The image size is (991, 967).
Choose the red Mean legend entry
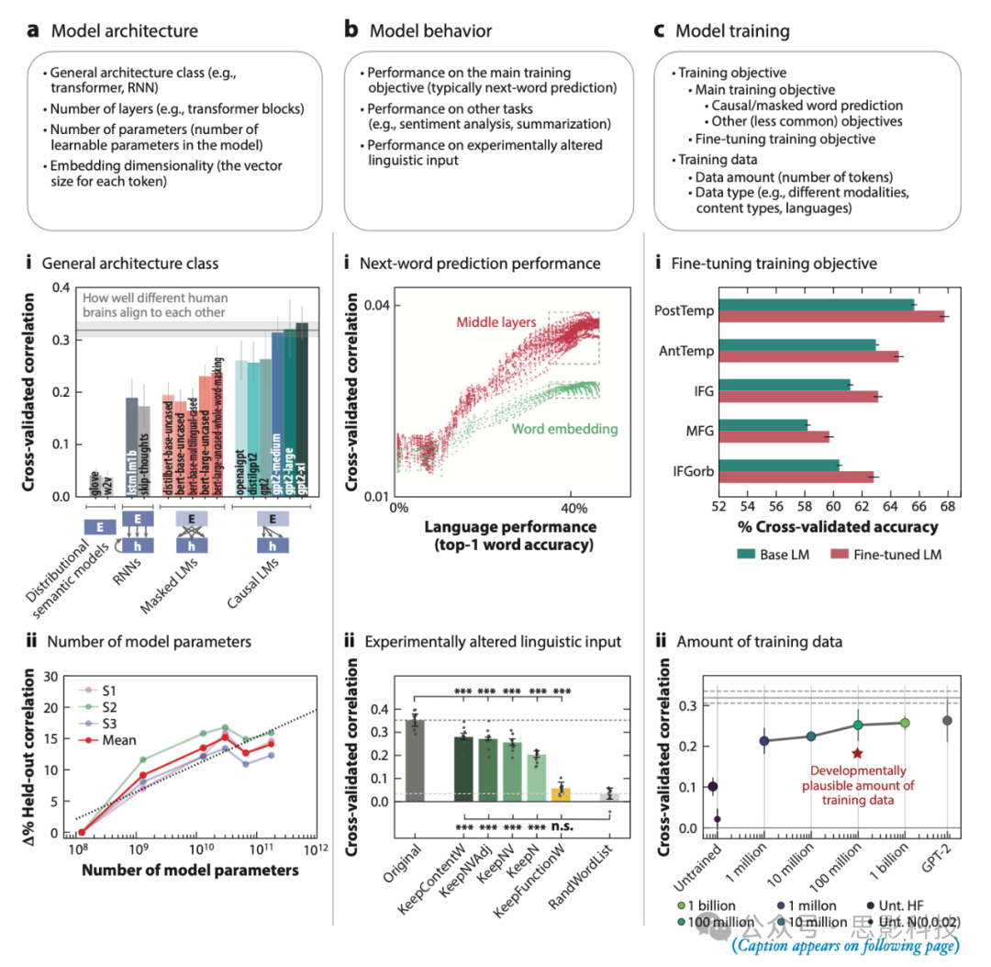(118, 740)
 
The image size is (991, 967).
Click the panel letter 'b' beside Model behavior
(351, 30)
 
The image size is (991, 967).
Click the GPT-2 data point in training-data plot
(948, 720)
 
